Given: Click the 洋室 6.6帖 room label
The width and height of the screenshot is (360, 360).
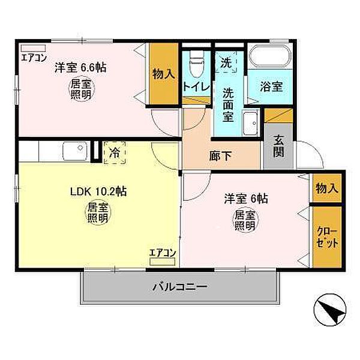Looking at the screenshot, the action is point(80,68).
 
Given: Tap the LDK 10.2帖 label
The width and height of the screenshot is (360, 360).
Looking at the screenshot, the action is point(98,191).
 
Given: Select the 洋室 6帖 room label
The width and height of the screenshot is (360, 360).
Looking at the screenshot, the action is point(246,199).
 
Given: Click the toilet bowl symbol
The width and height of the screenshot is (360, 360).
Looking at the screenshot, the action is point(197,64).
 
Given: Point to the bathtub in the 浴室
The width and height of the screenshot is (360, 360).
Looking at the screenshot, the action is point(270,56).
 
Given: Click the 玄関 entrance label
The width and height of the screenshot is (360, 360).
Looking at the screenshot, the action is point(278,146).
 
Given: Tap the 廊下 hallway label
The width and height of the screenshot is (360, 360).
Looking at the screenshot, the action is point(220,156).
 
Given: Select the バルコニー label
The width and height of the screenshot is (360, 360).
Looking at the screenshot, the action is point(180,287).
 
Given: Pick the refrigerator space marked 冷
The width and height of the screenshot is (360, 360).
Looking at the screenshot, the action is point(115,152).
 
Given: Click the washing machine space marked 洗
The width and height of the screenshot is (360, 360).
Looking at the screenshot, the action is point(226,62).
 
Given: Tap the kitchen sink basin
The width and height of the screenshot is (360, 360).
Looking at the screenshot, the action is point(75,151).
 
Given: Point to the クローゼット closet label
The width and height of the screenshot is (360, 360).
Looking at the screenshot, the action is point(327,237).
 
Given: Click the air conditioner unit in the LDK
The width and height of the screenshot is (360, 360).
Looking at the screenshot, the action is point(162,262).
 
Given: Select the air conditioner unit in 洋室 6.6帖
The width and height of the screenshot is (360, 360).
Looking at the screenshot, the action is point(33,48).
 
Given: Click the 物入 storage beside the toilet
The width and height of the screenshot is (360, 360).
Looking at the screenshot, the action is point(164,74).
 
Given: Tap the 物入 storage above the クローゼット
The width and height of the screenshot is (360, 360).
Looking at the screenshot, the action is point(327,188).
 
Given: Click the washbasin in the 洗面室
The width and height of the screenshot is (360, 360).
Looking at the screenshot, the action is point(251,124).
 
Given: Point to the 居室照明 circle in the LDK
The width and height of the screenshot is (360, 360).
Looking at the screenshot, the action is point(98,212).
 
